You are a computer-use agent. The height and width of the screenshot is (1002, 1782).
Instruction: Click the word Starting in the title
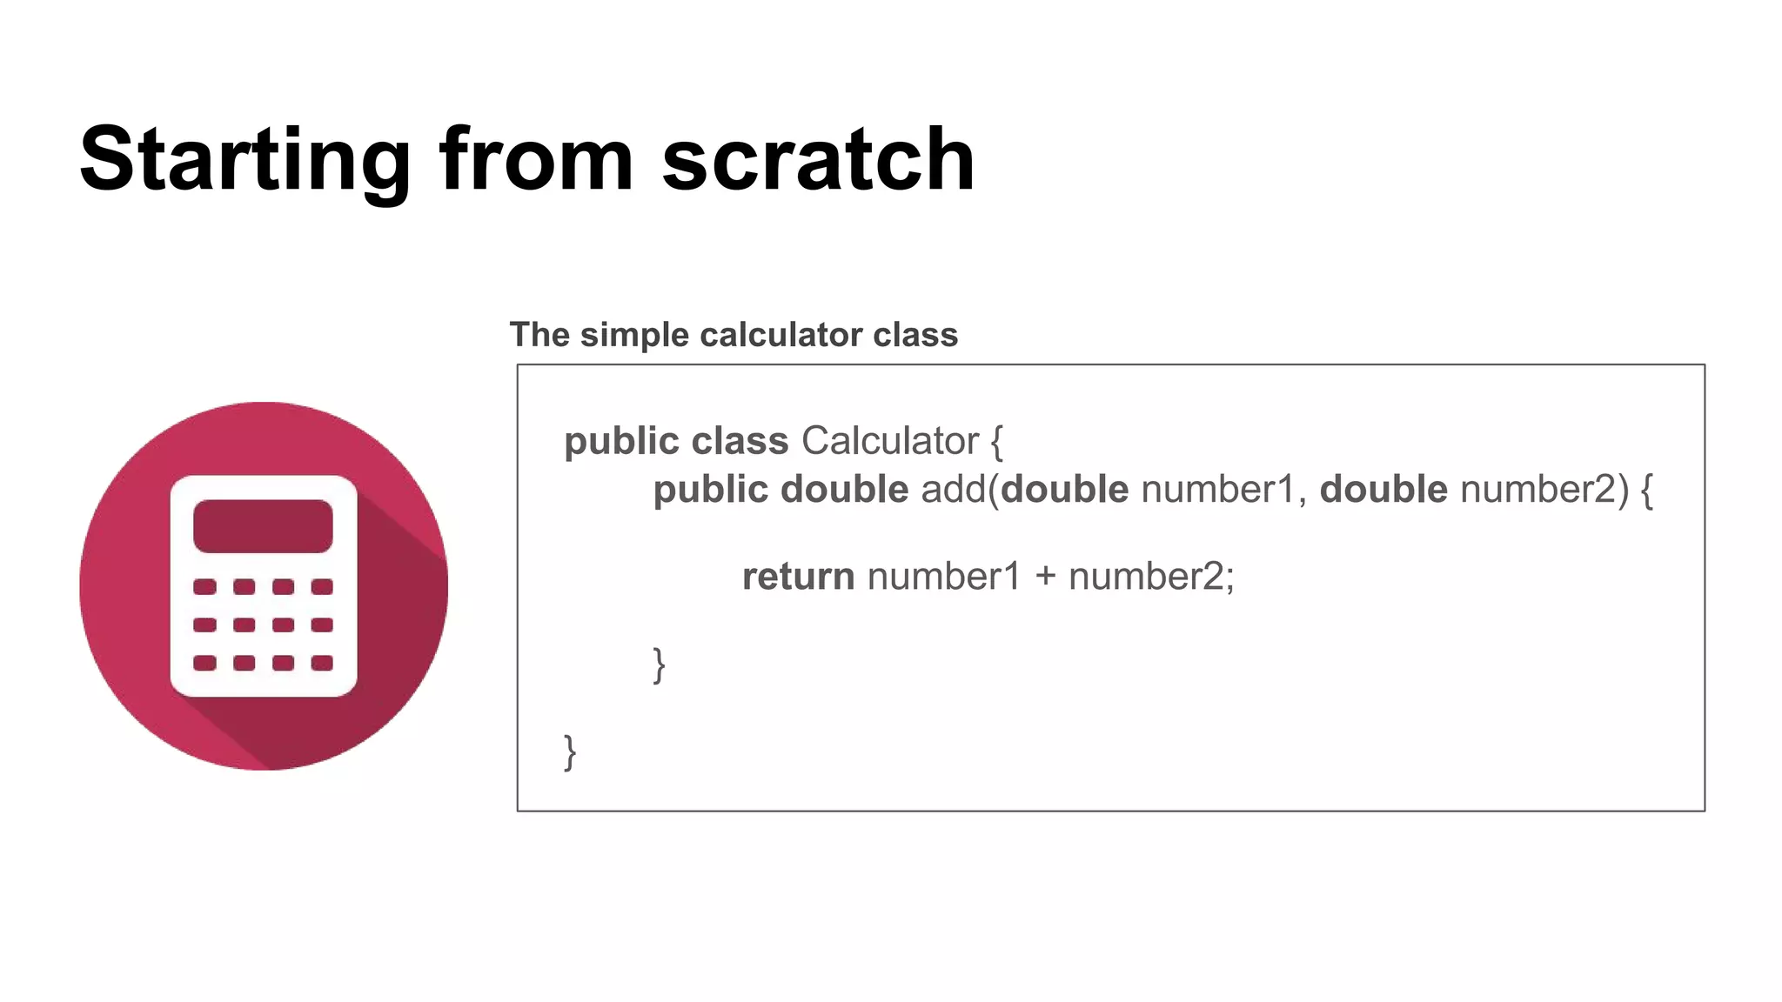coord(245,161)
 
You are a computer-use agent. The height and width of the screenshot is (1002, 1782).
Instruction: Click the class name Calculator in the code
coord(889,441)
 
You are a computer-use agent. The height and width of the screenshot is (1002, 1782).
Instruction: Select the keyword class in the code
coord(740,441)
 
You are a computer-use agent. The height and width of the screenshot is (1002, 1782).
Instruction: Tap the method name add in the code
coord(952,490)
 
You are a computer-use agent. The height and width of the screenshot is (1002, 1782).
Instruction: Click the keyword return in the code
coord(798,577)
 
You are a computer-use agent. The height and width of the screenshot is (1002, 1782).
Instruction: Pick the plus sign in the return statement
coord(1045,577)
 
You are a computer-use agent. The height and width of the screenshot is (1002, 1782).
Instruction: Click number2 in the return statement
coord(1146,577)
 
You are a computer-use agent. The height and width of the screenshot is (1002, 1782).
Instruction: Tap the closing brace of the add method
coord(660,665)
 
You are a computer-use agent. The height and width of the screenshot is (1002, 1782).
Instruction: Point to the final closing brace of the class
coord(570,752)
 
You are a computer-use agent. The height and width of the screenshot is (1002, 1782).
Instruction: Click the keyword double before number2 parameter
coord(1383,490)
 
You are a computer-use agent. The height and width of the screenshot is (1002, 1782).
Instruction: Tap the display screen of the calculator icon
coord(263,526)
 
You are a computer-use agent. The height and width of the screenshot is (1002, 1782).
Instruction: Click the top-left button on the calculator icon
coord(204,587)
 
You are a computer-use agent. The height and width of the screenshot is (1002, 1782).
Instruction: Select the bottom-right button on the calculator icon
coord(322,663)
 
